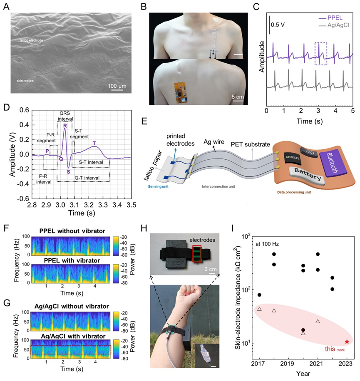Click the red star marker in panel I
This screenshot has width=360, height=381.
coord(347,341)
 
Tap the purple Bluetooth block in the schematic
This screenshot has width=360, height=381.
coord(334,160)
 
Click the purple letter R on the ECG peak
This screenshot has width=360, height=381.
coord(65,126)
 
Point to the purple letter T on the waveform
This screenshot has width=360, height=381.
coord(94,143)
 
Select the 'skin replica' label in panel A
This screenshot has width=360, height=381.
coord(30,81)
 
